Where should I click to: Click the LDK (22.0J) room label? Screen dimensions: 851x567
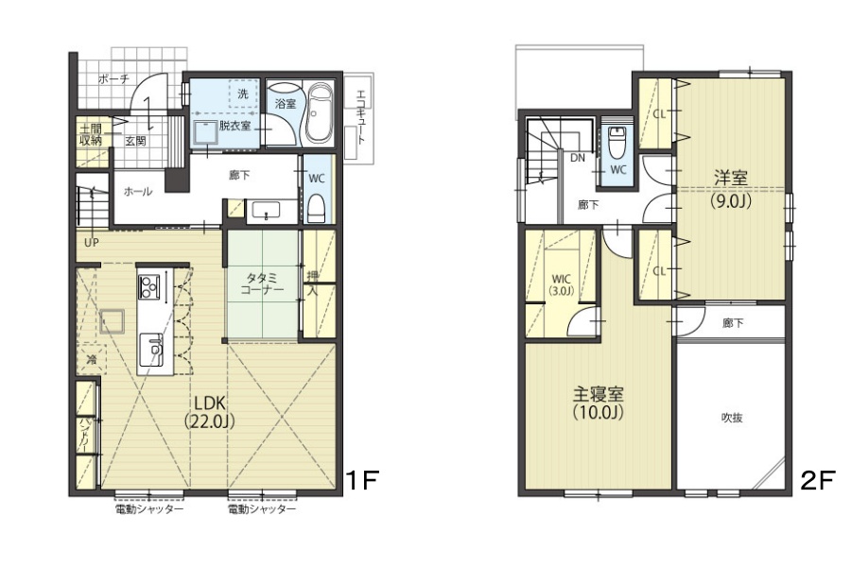pyautogui.click(x=210, y=412)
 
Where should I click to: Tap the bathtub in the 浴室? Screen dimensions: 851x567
pyautogui.click(x=320, y=115)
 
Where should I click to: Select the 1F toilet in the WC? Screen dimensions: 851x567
pyautogui.click(x=316, y=209)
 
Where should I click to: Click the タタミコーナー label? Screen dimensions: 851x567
pyautogui.click(x=262, y=283)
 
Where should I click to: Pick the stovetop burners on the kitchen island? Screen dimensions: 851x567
pyautogui.click(x=148, y=287)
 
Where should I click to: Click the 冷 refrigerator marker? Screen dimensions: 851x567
pyautogui.click(x=92, y=359)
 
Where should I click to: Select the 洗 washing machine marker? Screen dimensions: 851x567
pyautogui.click(x=243, y=94)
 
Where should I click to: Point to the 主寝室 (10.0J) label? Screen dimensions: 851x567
pyautogui.click(x=599, y=403)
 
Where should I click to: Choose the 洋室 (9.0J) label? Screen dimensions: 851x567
pyautogui.click(x=731, y=189)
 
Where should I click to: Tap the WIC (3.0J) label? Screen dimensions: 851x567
pyautogui.click(x=561, y=284)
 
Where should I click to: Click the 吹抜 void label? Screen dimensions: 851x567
pyautogui.click(x=732, y=418)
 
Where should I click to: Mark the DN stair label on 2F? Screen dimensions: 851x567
pyautogui.click(x=578, y=158)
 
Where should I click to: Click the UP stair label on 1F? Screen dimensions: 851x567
pyautogui.click(x=91, y=242)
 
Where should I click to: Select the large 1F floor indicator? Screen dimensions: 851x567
pyautogui.click(x=361, y=479)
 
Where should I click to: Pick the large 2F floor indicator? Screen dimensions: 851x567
pyautogui.click(x=816, y=479)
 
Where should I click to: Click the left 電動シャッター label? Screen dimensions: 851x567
pyautogui.click(x=149, y=509)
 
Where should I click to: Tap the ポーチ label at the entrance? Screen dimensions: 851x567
pyautogui.click(x=114, y=79)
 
